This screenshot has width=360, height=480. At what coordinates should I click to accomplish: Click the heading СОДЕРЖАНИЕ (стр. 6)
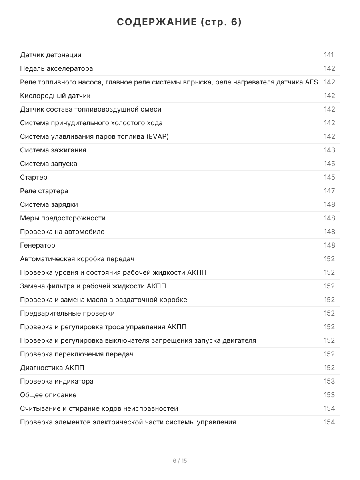click(x=180, y=22)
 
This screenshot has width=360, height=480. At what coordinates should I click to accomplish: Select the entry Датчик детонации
click(x=51, y=55)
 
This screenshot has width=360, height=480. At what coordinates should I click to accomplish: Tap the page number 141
click(x=329, y=55)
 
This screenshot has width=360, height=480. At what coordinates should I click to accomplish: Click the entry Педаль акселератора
click(x=56, y=69)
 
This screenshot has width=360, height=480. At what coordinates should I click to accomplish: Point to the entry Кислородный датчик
click(x=55, y=96)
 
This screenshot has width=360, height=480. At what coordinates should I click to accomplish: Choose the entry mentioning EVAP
click(x=94, y=137)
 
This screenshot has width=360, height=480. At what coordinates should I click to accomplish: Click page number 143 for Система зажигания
click(x=329, y=150)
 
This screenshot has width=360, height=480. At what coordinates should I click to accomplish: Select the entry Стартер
click(x=34, y=178)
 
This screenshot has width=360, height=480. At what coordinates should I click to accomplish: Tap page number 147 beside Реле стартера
click(x=329, y=191)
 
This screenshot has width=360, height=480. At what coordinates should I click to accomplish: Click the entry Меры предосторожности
click(x=63, y=218)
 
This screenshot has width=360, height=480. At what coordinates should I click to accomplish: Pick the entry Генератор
click(x=38, y=246)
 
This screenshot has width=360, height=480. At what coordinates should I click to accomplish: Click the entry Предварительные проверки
click(x=67, y=314)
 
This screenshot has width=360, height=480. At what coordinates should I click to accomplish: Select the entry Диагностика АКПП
click(x=52, y=368)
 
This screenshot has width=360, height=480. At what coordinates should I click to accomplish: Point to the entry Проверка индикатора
click(x=57, y=382)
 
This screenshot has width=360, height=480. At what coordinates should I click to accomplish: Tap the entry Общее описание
click(x=48, y=395)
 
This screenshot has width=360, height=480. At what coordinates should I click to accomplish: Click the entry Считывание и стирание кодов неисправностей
click(x=99, y=409)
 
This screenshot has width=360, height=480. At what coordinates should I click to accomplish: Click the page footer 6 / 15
click(x=180, y=461)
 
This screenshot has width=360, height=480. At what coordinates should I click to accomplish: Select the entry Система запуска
click(x=48, y=164)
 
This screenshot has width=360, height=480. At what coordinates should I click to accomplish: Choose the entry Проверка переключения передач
click(x=77, y=354)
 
